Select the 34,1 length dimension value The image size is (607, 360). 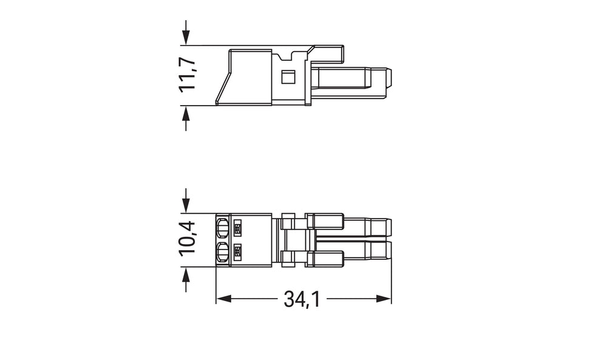tap(302, 299)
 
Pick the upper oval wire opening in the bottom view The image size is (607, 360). tap(222, 228)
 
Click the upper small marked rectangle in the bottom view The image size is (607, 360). tap(238, 228)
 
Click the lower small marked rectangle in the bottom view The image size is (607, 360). tap(238, 250)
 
